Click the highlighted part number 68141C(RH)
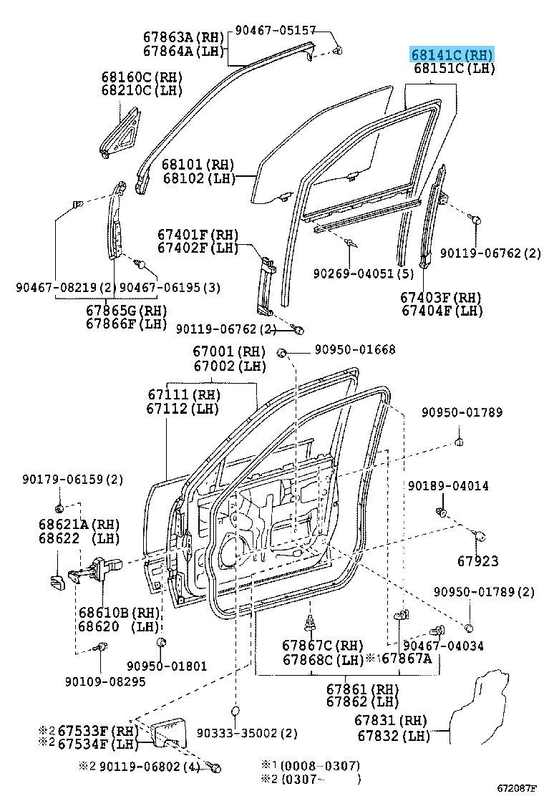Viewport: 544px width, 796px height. pos(452,54)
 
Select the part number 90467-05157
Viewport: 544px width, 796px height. pos(276,30)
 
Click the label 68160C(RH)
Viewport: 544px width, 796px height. pos(142,77)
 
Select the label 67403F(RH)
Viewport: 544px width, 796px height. pos(441,297)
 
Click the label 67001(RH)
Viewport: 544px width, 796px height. pos(228,352)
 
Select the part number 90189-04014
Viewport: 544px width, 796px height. pos(448,485)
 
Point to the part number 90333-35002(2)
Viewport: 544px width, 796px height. pos(246,733)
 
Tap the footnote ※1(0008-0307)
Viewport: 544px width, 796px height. pos(314,765)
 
